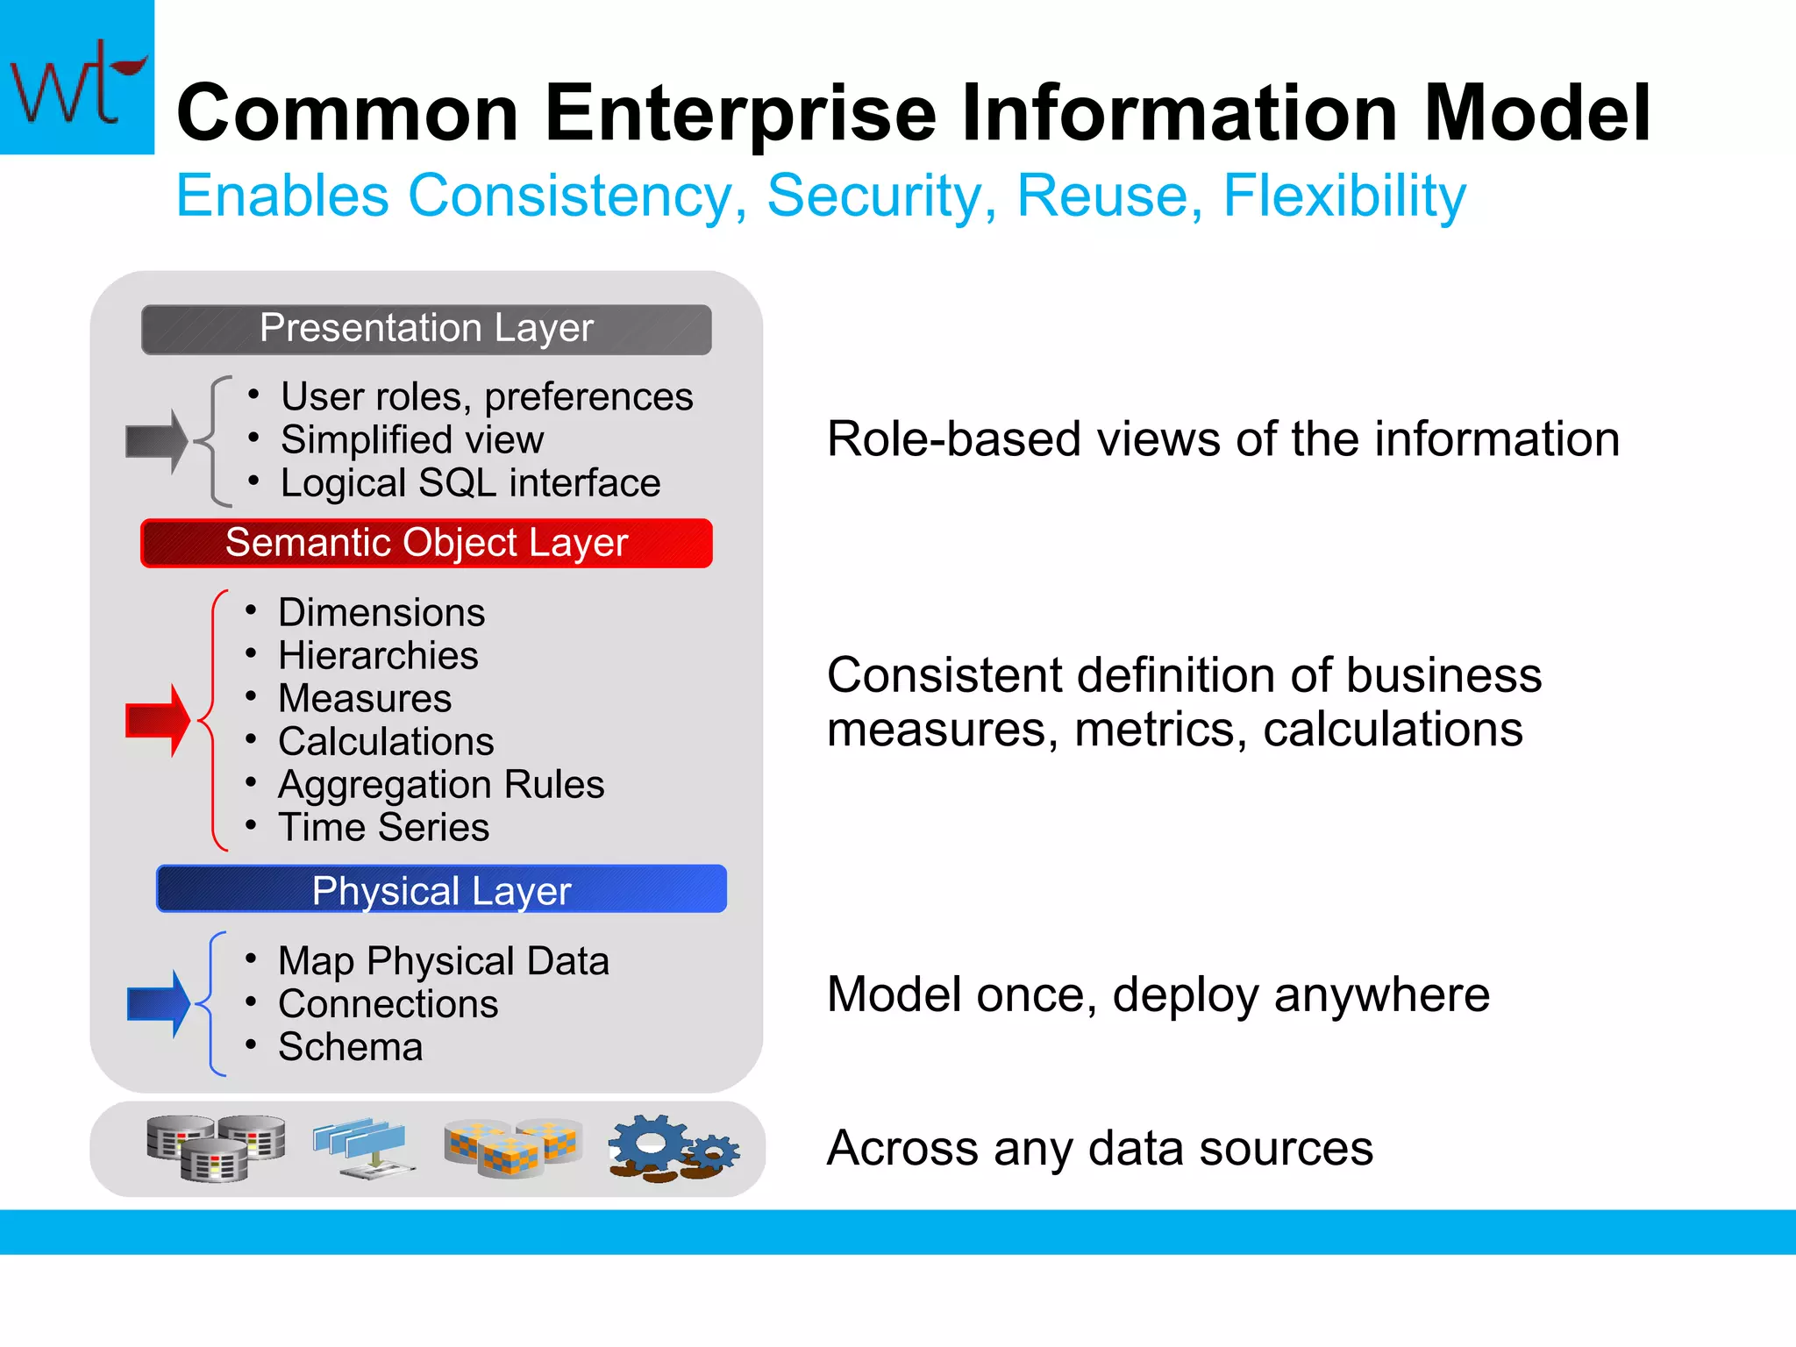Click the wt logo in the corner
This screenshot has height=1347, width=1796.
[76, 77]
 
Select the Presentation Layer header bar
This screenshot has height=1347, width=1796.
[426, 329]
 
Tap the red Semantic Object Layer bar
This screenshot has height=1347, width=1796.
[426, 543]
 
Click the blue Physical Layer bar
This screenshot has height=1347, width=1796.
[441, 890]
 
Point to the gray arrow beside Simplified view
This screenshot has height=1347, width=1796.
[157, 441]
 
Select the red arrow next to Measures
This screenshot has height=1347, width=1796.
[158, 720]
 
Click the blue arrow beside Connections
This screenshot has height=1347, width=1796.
[159, 1003]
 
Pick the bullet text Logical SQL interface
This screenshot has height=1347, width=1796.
[470, 483]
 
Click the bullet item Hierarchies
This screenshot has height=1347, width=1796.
[378, 655]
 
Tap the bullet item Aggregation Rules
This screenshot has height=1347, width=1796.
[441, 784]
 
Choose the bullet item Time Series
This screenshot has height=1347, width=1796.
[383, 827]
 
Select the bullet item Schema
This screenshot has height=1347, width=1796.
[350, 1046]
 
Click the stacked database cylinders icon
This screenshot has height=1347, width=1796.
[216, 1147]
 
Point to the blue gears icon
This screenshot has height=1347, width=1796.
[673, 1147]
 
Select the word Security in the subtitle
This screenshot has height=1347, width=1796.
[880, 196]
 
